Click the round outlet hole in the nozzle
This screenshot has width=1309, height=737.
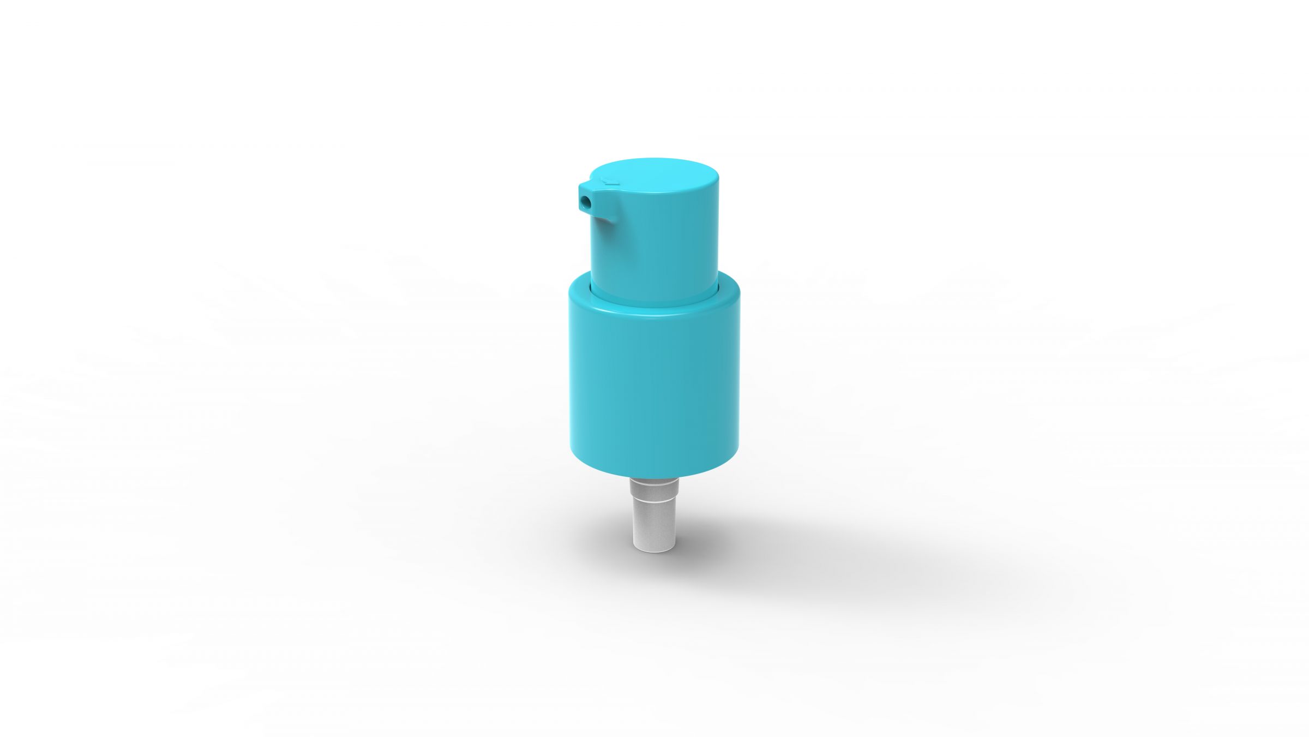click(x=585, y=202)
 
